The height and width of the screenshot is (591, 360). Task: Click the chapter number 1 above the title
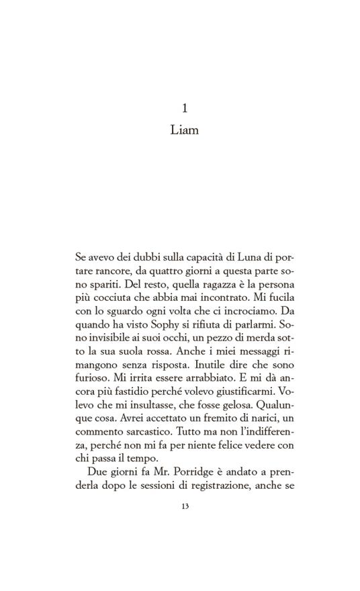185,109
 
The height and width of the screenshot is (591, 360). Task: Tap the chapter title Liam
185,130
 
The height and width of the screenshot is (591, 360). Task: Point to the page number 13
185,506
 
